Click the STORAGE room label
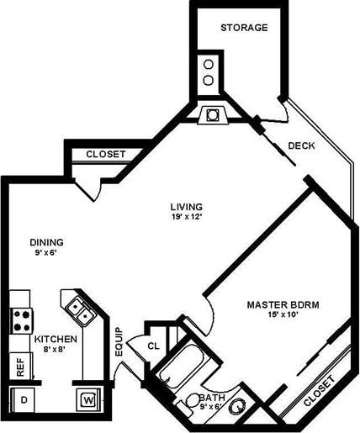244,28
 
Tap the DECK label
301,145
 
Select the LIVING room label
186,206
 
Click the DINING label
46,242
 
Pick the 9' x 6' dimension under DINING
46,252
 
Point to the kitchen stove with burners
20,319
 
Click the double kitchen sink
80,309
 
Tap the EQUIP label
119,342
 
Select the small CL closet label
153,345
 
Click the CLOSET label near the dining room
106,154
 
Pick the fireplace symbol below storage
209,114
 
